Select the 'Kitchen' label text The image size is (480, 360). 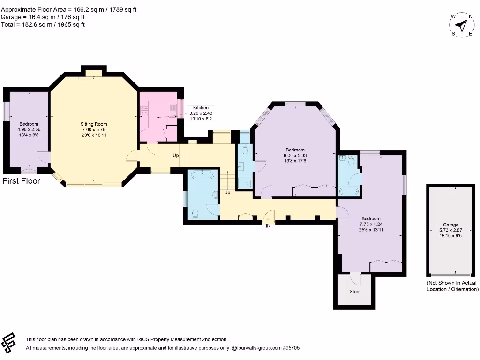[201, 108]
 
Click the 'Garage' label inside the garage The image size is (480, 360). [450, 225]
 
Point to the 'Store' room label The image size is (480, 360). [355, 291]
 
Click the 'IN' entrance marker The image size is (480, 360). [268, 226]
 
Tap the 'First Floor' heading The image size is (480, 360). [22, 181]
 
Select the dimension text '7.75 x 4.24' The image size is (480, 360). [371, 224]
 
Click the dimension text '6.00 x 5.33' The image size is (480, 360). [295, 155]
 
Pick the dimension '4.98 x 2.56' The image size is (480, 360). [29, 129]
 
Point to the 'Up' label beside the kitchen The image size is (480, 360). [176, 155]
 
